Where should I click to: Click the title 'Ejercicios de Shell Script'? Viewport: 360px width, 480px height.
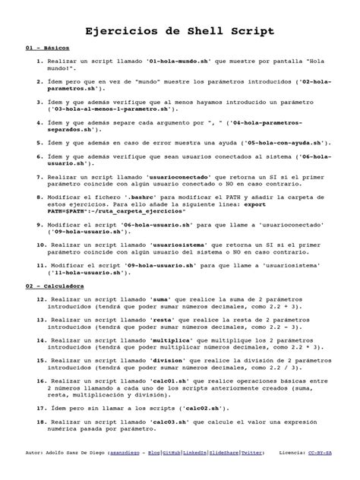click(179, 31)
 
